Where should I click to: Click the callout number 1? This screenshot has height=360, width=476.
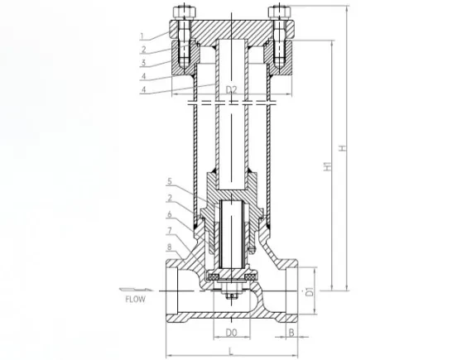tap(142, 36)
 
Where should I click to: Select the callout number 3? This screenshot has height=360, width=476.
tap(143, 63)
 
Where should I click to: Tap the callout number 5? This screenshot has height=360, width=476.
tap(170, 181)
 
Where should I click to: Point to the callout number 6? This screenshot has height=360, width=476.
tap(170, 214)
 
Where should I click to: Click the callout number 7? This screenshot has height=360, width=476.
tap(170, 231)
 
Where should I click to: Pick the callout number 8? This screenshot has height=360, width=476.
tap(170, 247)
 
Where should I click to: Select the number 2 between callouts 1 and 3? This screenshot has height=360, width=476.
tap(143, 50)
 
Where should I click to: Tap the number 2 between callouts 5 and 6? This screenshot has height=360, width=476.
tap(170, 198)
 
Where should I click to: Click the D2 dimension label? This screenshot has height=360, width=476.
tap(231, 89)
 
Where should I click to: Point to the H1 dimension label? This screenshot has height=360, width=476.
tap(327, 166)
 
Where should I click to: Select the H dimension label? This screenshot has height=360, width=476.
tap(343, 148)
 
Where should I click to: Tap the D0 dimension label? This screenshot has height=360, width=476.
tap(231, 333)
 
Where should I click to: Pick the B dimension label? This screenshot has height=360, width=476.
tap(291, 333)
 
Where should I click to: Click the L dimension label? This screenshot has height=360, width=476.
tap(231, 351)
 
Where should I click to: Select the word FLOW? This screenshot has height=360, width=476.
tap(136, 300)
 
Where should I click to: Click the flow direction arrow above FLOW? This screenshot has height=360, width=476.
tap(136, 290)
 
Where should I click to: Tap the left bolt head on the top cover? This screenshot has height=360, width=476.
tap(185, 12)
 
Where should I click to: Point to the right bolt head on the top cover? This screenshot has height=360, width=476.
tap(279, 12)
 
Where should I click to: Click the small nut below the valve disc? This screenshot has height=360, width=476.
tap(231, 296)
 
